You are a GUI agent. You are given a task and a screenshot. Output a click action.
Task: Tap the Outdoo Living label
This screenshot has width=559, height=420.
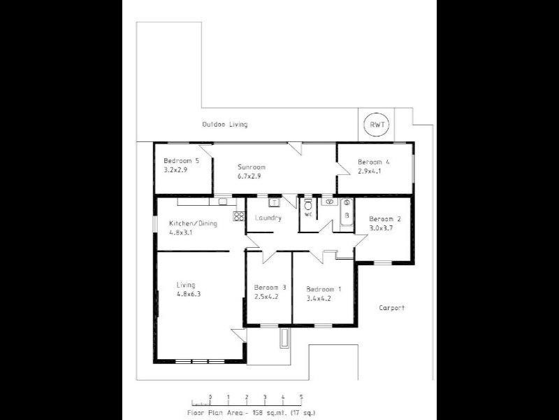pos(224,125)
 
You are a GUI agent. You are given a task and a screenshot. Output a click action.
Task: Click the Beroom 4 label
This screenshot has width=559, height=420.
pos(374,162)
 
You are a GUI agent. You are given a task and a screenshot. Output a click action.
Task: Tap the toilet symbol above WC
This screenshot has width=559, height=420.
pos(307,205)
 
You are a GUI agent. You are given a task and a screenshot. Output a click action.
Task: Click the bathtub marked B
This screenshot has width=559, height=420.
pos(346,213)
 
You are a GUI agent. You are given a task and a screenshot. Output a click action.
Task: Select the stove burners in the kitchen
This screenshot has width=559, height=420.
pos(238,216)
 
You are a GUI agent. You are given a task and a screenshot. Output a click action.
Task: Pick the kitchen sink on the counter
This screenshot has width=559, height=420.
pos(222,202)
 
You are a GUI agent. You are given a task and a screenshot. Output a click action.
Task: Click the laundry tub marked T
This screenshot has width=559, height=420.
pos(275,202)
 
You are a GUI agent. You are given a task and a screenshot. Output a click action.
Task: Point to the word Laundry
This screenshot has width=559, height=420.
pos(268,218)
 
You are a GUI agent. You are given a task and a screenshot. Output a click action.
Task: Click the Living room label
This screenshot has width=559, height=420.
pos(185,285)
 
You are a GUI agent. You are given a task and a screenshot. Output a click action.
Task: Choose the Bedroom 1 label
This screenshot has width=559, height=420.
pos(324,288)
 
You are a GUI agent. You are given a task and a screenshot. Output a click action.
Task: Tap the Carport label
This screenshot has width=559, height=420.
pos(392,308)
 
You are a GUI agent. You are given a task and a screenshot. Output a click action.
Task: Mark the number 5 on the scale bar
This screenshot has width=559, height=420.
pos(301,397)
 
